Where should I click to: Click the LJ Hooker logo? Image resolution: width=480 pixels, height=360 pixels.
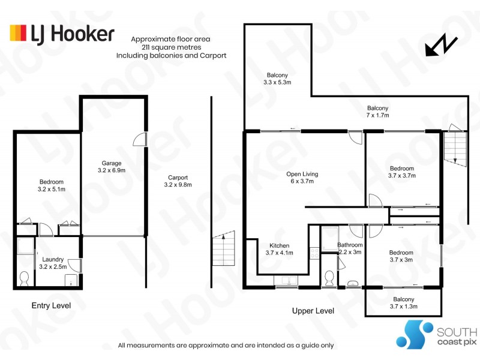(x=61, y=33)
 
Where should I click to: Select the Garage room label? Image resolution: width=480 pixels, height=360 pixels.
(x=112, y=167)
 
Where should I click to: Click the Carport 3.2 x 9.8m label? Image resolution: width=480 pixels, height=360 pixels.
(x=178, y=181)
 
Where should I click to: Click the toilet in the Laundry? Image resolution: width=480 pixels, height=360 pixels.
(x=25, y=279)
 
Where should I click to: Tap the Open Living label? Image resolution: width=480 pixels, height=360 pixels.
(x=302, y=178)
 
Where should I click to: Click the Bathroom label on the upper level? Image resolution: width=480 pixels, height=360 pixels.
(x=349, y=248)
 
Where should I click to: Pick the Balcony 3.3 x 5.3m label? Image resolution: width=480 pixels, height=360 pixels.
(x=277, y=79)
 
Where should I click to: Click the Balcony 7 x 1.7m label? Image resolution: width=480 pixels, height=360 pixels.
(x=378, y=112)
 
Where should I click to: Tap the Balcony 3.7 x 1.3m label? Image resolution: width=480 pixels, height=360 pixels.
(x=403, y=303)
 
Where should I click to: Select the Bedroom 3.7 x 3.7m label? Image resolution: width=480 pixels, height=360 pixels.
(x=401, y=172)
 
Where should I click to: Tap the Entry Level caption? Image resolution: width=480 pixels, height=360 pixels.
(x=51, y=306)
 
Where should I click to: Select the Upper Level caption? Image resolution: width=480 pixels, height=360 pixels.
(x=313, y=311)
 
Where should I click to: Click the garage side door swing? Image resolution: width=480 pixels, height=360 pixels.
(x=139, y=139)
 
